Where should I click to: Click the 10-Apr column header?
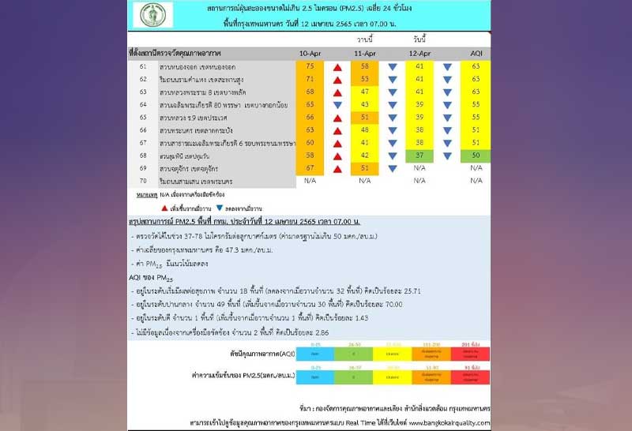point(310,52)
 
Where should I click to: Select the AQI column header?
point(476,52)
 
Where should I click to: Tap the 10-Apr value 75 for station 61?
point(310,66)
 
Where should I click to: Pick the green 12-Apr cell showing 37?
point(419,156)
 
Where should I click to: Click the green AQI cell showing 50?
point(476,156)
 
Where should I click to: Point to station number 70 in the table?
point(142,181)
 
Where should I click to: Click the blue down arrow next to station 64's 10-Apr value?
point(337,105)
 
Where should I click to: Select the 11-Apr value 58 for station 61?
point(364,66)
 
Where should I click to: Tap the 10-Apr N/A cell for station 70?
point(310,181)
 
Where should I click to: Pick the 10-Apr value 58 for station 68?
point(310,156)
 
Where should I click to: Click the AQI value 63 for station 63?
point(476,92)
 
